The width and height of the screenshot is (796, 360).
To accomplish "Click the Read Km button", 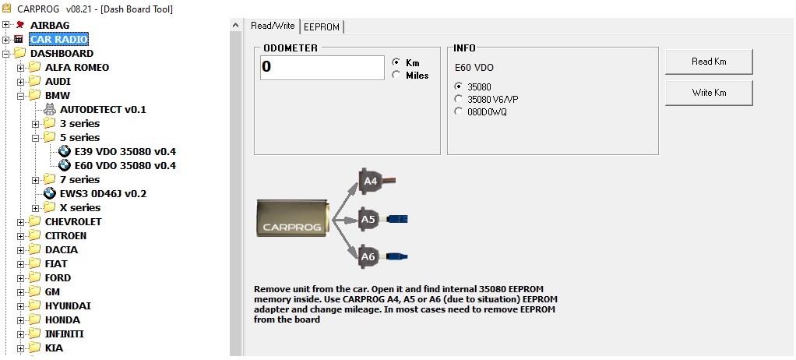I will click(708, 62).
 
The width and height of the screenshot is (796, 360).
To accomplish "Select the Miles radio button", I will click(397, 76).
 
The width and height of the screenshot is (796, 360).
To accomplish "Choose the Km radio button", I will click(397, 62).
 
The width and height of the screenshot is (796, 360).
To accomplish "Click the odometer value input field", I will click(322, 67).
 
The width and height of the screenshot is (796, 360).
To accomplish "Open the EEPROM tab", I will click(322, 26).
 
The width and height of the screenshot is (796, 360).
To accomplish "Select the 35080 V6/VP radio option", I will click(458, 99).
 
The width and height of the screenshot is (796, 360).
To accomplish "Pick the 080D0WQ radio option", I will click(458, 111).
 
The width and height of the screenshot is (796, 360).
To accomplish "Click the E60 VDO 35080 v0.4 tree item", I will click(125, 165).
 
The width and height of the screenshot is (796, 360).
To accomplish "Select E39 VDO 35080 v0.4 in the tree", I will click(125, 151).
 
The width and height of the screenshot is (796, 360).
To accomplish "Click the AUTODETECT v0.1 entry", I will click(102, 109).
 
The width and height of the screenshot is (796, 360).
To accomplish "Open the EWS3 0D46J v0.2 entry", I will click(103, 193).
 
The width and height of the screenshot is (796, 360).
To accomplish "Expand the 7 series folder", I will click(36, 179).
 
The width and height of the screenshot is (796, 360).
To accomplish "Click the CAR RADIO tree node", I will click(58, 39).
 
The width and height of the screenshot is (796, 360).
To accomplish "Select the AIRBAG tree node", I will click(50, 25).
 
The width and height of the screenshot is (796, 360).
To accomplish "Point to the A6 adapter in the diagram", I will click(368, 256).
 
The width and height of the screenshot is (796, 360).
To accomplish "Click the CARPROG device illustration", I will click(294, 220).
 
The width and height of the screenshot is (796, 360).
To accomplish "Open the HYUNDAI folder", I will click(68, 305).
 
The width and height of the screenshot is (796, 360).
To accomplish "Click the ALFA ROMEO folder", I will click(76, 67).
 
